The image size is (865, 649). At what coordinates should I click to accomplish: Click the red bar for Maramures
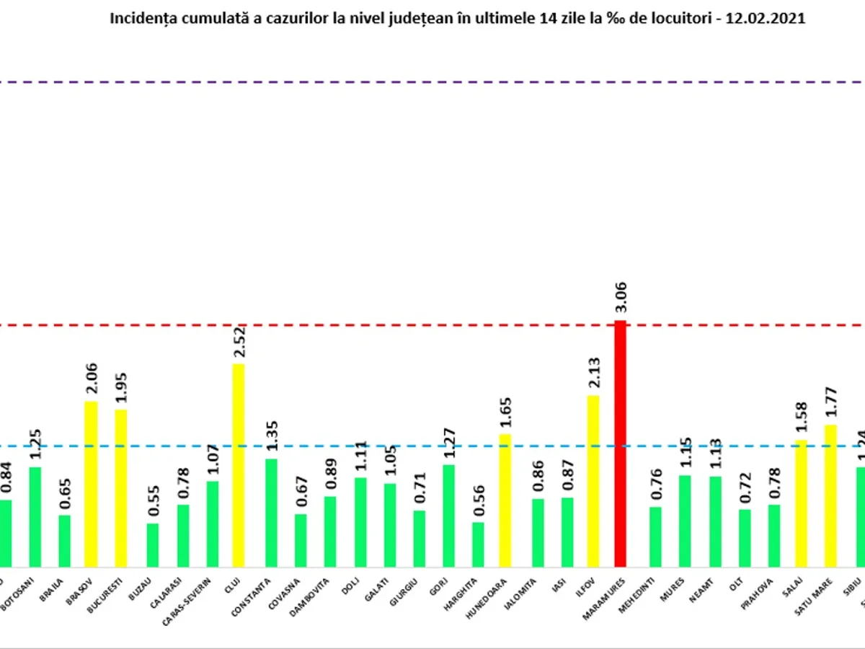pyautogui.click(x=619, y=443)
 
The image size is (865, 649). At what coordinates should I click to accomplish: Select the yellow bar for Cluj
pyautogui.click(x=238, y=465)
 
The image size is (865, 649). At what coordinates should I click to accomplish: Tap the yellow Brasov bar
pyautogui.click(x=91, y=483)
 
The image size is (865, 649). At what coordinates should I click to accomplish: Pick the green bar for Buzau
pyautogui.click(x=152, y=545)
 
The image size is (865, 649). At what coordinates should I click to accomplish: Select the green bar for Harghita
pyautogui.click(x=478, y=544)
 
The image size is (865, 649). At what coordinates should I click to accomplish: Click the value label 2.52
pyautogui.click(x=239, y=343)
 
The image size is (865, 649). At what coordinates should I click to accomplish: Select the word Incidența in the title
pyautogui.click(x=140, y=19)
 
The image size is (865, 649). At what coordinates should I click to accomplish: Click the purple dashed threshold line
pyautogui.click(x=432, y=82)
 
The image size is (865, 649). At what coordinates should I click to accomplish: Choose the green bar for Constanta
pyautogui.click(x=271, y=513)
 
